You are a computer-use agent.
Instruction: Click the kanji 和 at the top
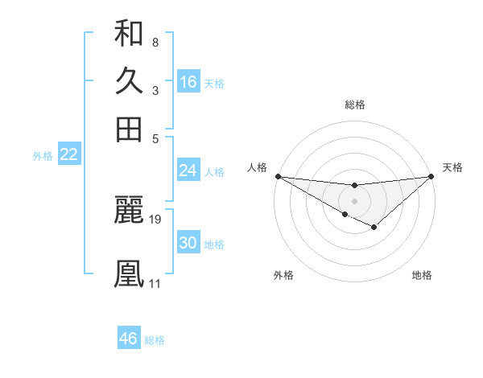click(129, 34)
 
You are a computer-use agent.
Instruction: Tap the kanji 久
click(129, 81)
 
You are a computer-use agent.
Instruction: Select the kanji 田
click(129, 129)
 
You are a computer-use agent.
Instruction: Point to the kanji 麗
click(129, 210)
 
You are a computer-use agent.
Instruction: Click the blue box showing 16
click(188, 82)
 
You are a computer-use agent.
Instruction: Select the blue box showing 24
click(188, 171)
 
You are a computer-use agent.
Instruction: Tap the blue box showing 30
click(188, 243)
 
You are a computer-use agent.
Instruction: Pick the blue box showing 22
click(68, 154)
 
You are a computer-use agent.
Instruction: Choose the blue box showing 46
click(129, 339)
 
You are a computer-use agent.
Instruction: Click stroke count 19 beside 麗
click(155, 219)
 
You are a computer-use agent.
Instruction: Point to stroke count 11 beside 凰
click(155, 283)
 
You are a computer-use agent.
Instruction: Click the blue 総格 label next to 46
click(155, 340)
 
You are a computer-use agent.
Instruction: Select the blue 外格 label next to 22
click(43, 156)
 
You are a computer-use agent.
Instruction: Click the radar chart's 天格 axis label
click(453, 167)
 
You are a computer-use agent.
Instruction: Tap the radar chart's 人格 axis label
click(257, 167)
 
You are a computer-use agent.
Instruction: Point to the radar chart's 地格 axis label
click(422, 275)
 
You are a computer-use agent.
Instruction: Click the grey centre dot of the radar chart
click(354, 199)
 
